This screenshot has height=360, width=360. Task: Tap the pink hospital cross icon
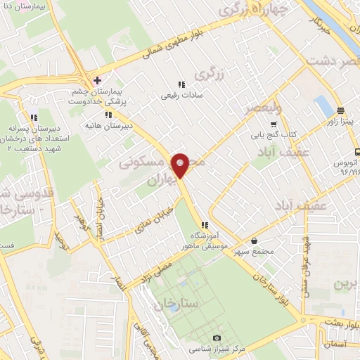coord(97,80)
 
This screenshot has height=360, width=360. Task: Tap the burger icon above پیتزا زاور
coord(340,110)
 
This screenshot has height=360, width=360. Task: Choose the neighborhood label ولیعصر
coord(260,108)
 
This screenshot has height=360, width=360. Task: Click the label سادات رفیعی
coord(182,94)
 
